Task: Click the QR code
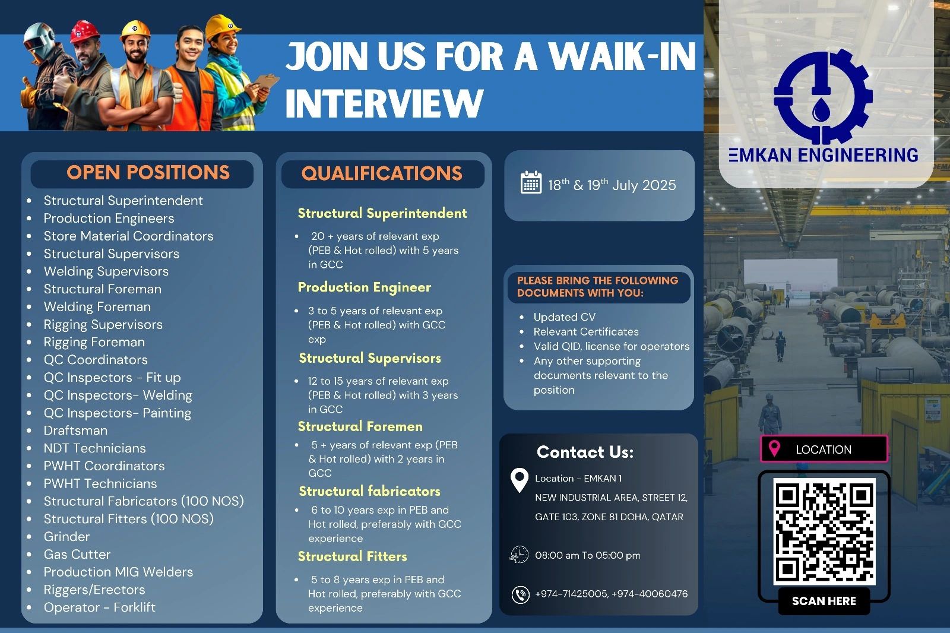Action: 824,532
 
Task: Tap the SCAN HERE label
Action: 824,601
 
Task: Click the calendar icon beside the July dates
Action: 531,183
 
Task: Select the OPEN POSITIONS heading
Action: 148,173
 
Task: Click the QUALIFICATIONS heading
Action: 382,173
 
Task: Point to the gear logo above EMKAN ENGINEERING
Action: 823,95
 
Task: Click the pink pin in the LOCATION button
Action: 774,448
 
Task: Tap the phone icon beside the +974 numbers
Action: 521,594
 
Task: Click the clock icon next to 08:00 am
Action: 519,555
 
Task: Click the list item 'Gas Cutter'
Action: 77,555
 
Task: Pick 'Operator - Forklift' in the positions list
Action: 99,607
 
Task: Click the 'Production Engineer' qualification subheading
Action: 364,287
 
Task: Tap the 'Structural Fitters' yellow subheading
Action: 352,557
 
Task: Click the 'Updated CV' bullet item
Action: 564,317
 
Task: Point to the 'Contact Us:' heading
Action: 585,452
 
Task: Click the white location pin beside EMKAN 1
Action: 520,480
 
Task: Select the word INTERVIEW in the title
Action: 384,103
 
